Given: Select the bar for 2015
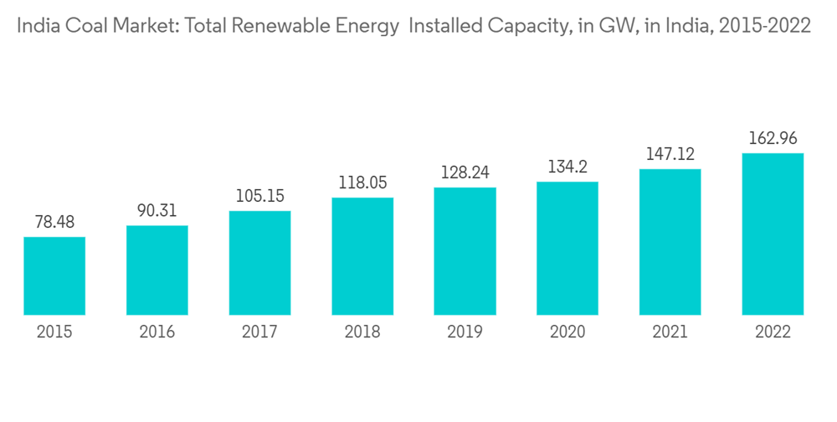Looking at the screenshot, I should [x=54, y=276].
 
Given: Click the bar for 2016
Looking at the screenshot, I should [x=157, y=270].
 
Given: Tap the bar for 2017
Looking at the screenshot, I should [x=259, y=263].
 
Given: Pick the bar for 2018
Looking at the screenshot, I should [x=362, y=256].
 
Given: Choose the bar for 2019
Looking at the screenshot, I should [x=465, y=251].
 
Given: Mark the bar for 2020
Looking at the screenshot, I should [x=567, y=249].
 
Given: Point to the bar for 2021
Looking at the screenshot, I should [x=670, y=242].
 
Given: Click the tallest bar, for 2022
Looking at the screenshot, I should [x=773, y=234].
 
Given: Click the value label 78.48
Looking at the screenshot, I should [x=54, y=223].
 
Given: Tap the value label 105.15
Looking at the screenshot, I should [x=259, y=197].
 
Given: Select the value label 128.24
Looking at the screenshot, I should [x=465, y=172].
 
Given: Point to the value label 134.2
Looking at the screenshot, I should [x=567, y=167].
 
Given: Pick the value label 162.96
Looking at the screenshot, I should [x=773, y=139].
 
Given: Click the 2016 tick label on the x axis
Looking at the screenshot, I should [x=157, y=332].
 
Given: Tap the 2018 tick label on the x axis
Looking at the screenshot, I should [x=362, y=332].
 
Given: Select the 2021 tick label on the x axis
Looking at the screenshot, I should [x=670, y=332].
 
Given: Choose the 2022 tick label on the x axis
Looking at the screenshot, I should [x=773, y=332].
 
